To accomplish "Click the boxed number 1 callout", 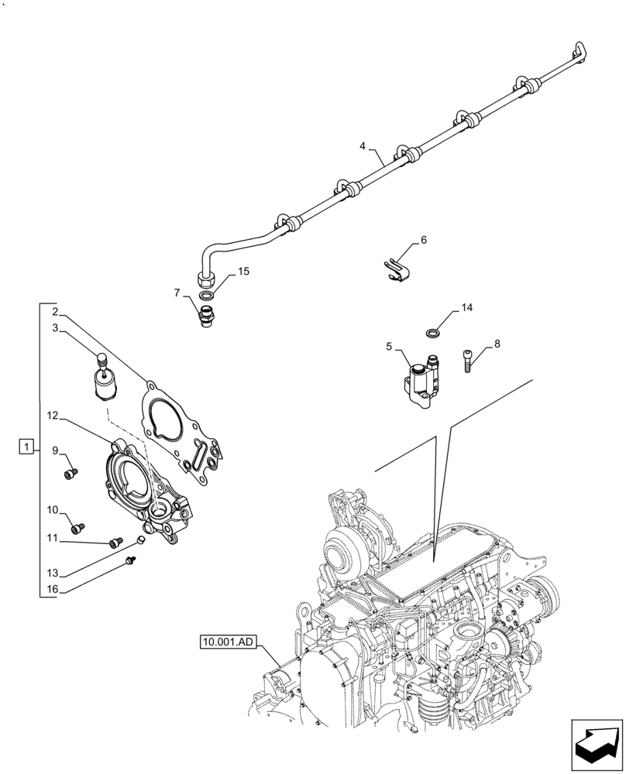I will pos(26,447).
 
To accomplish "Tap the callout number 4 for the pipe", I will pos(363,146).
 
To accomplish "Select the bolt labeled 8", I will pos(469,361).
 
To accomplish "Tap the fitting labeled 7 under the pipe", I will pos(207,317).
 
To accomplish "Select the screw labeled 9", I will pos(71,471).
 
